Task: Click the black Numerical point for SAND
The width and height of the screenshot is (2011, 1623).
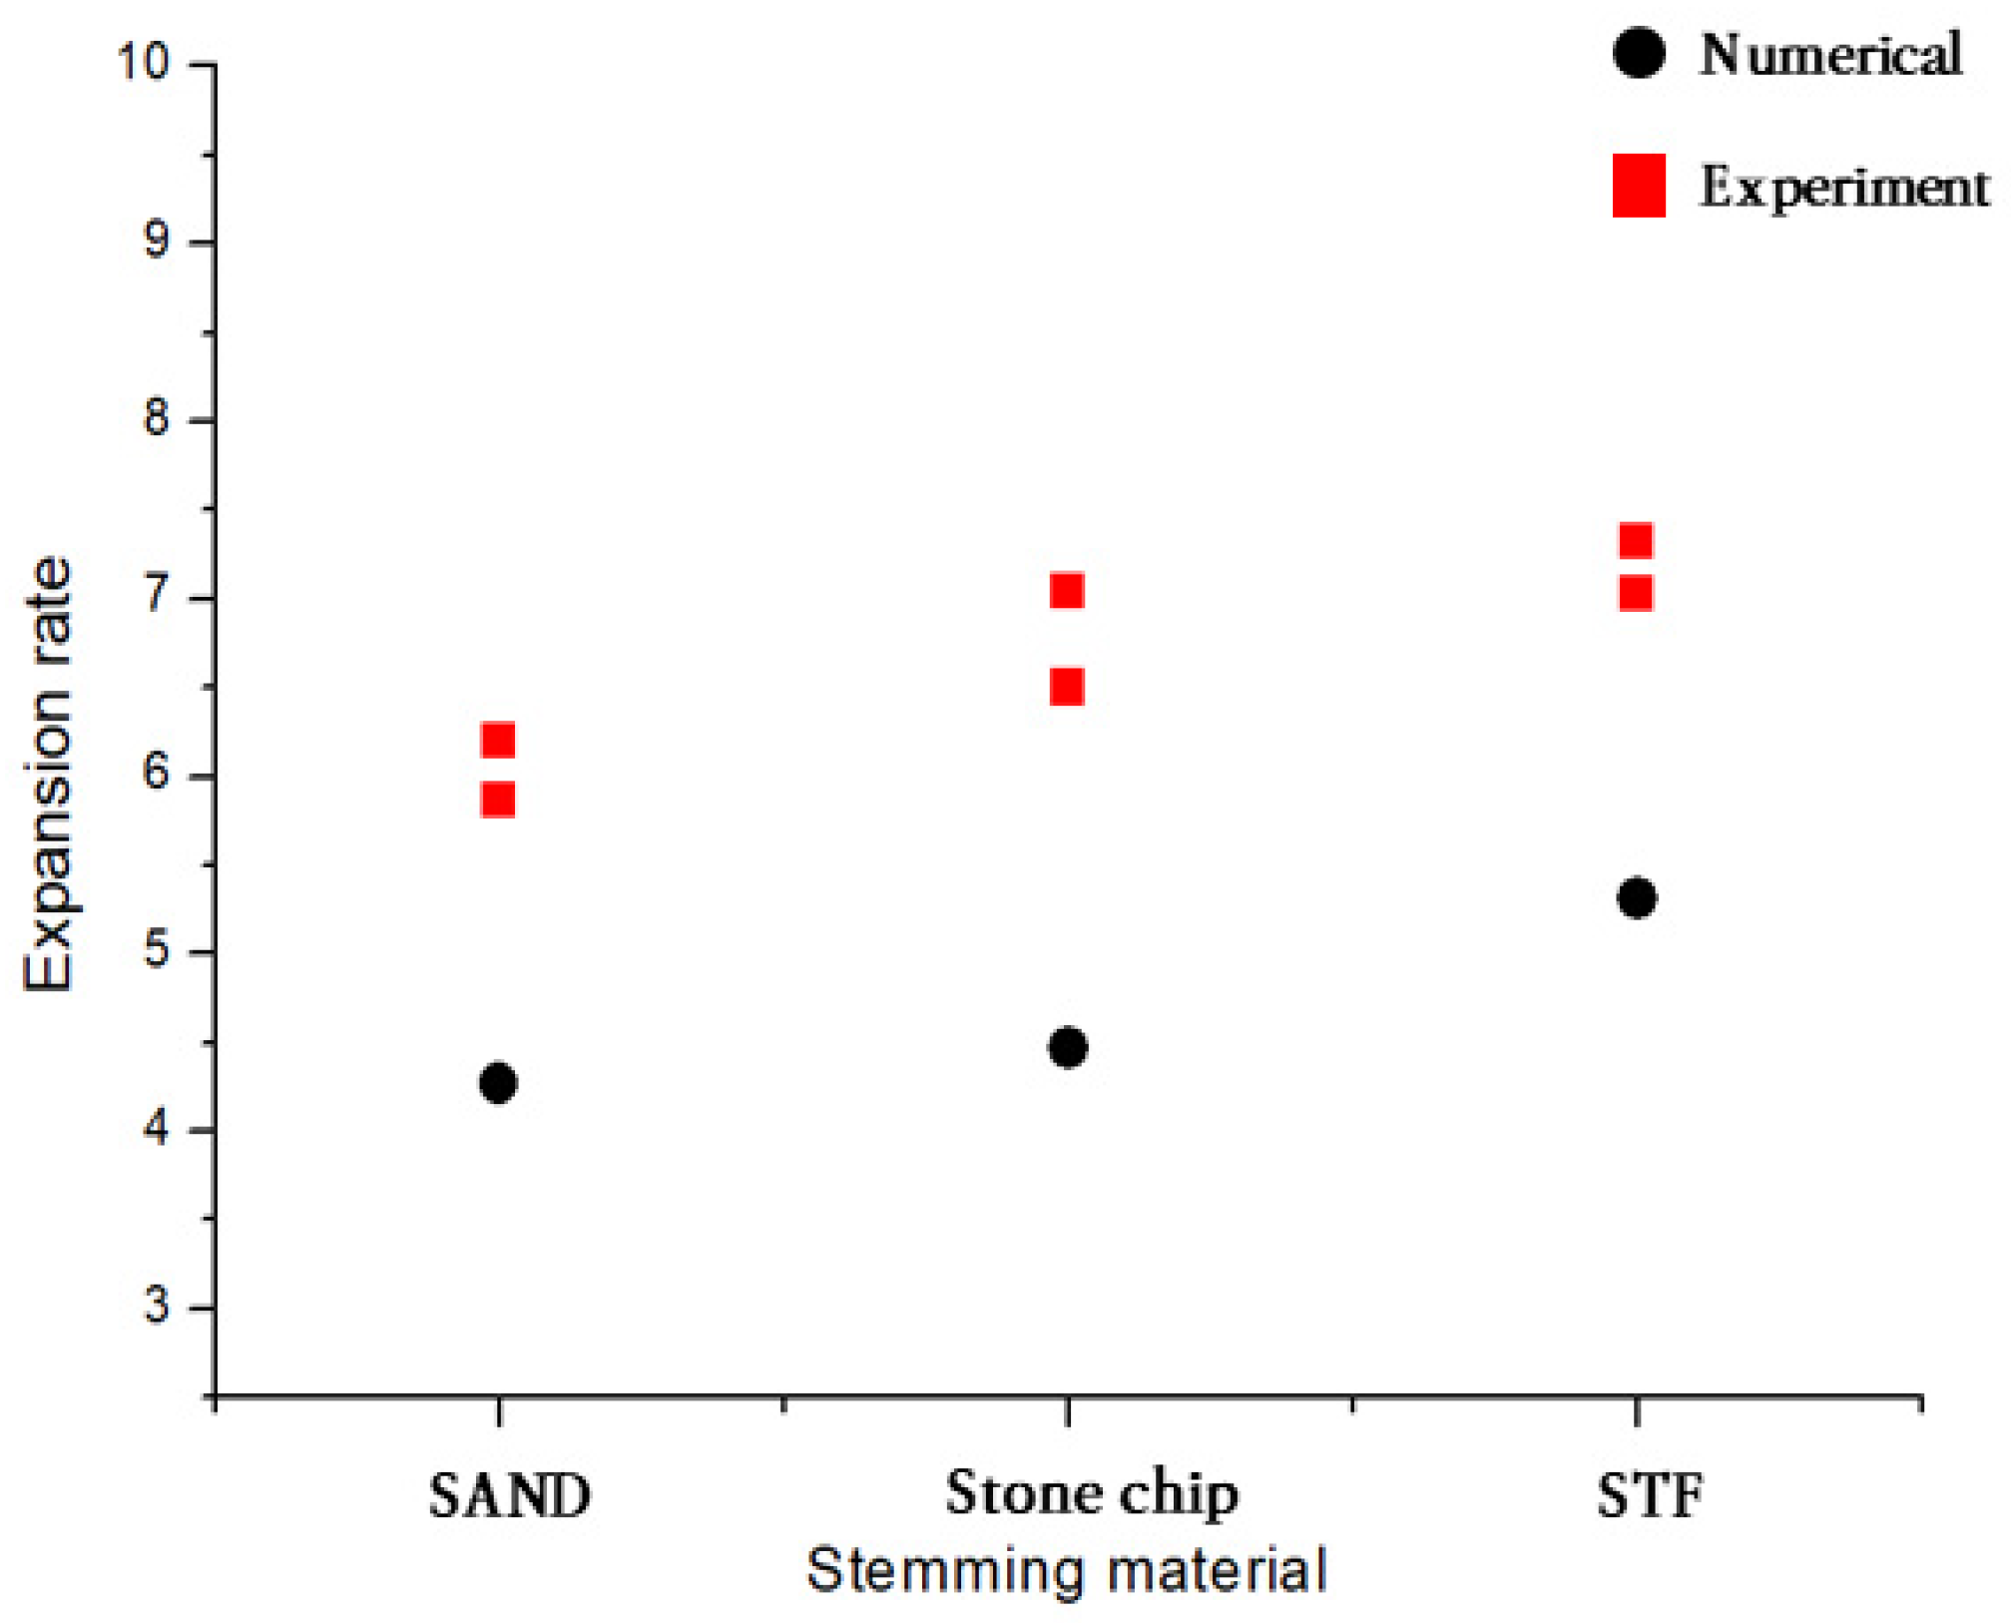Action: click(x=498, y=1082)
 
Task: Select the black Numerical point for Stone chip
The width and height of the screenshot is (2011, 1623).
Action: click(x=1068, y=1047)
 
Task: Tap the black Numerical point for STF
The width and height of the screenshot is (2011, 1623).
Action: click(x=1637, y=897)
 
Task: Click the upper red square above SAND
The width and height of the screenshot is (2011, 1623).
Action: click(x=498, y=740)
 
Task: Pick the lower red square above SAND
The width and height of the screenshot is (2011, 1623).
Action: click(x=498, y=800)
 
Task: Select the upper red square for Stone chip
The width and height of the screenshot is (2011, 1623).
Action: click(x=1067, y=591)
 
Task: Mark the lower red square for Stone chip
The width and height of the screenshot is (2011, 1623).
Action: click(x=1067, y=687)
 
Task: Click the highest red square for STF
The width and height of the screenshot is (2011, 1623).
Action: click(x=1636, y=540)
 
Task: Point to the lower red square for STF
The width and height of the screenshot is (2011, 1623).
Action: click(x=1636, y=594)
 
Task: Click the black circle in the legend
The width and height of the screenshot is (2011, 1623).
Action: click(x=1638, y=52)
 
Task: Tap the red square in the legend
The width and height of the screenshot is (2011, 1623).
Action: click(x=1639, y=186)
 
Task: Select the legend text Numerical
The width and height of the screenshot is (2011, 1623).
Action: click(x=1830, y=54)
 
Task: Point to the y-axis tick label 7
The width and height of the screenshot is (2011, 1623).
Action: click(x=157, y=596)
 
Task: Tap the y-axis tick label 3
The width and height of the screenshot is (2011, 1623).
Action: click(x=157, y=1306)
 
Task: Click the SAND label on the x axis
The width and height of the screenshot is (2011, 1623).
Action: click(x=510, y=1496)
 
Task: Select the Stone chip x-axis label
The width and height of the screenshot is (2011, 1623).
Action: click(x=1092, y=1494)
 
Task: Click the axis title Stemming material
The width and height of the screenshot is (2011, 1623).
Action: click(x=1067, y=1570)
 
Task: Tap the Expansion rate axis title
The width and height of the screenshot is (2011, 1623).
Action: click(x=49, y=774)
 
